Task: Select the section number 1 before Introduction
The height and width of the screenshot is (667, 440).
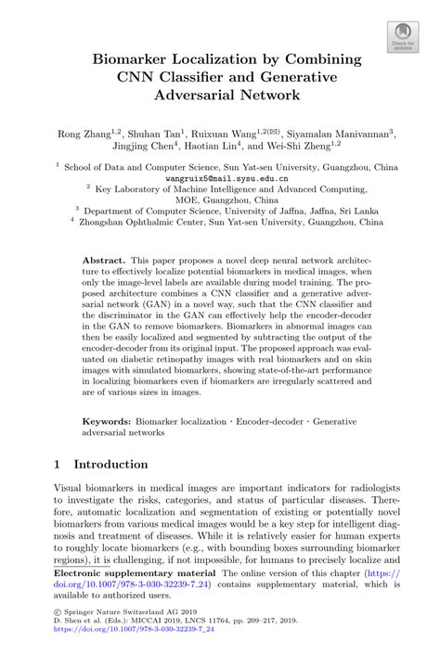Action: (58, 464)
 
